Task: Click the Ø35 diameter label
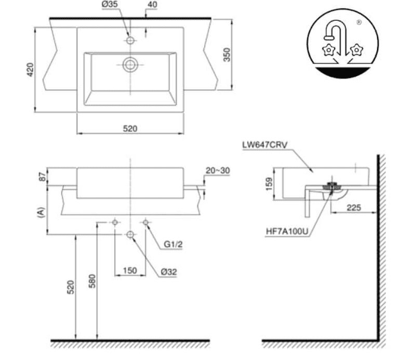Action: pyautogui.click(x=110, y=4)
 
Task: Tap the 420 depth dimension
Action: pyautogui.click(x=30, y=70)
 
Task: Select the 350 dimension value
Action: pyautogui.click(x=227, y=55)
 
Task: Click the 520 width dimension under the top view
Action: pyautogui.click(x=130, y=128)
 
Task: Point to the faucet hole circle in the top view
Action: pyautogui.click(x=130, y=40)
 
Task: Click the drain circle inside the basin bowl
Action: pyautogui.click(x=130, y=64)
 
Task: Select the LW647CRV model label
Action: pyautogui.click(x=265, y=144)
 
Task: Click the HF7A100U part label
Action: pyautogui.click(x=287, y=231)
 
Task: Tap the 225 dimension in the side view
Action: pyautogui.click(x=354, y=207)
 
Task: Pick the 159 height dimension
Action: pyautogui.click(x=269, y=184)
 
